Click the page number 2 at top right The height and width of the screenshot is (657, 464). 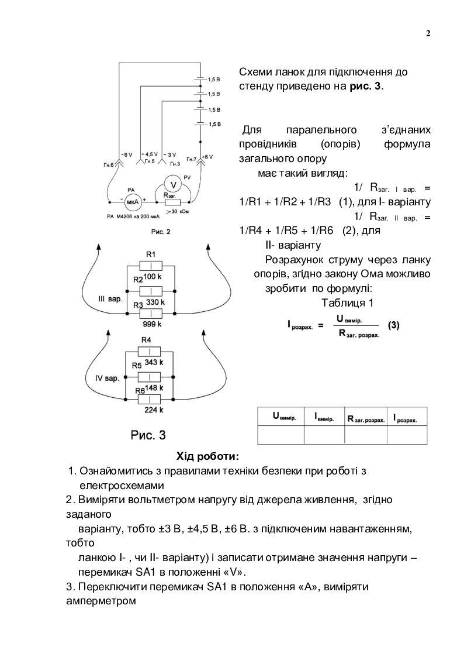pyautogui.click(x=428, y=33)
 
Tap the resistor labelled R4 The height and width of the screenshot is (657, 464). pyautogui.click(x=151, y=351)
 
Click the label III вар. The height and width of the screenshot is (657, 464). pyautogui.click(x=110, y=300)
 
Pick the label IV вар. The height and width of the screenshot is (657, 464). pyautogui.click(x=107, y=378)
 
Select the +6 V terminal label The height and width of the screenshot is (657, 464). pyautogui.click(x=207, y=157)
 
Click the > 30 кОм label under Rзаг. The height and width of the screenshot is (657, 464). pyautogui.click(x=179, y=211)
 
